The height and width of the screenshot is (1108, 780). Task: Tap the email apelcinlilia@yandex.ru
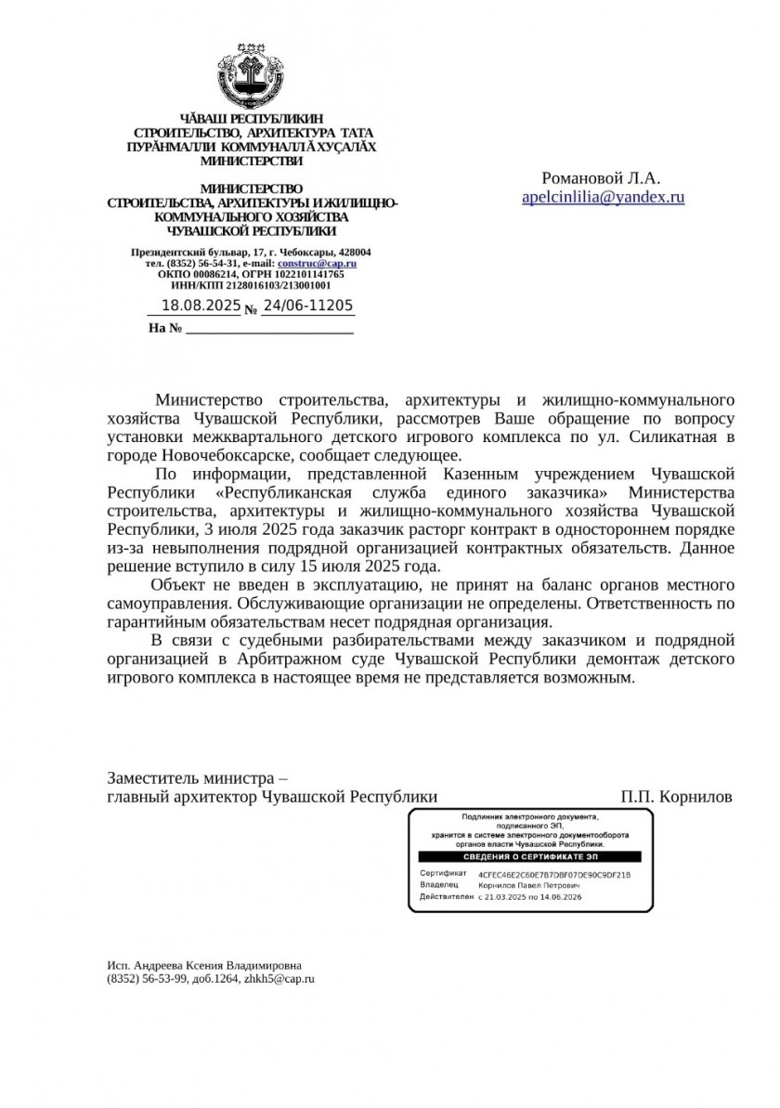(603, 197)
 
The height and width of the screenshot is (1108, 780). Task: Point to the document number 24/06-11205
(307, 306)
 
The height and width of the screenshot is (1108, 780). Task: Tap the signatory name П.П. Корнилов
(676, 797)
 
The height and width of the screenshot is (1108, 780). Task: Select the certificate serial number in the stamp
(553, 875)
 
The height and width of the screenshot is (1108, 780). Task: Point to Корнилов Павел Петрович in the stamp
(529, 886)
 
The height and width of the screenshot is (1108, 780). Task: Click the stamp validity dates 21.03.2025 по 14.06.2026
(529, 898)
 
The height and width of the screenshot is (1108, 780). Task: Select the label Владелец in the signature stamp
(438, 886)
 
